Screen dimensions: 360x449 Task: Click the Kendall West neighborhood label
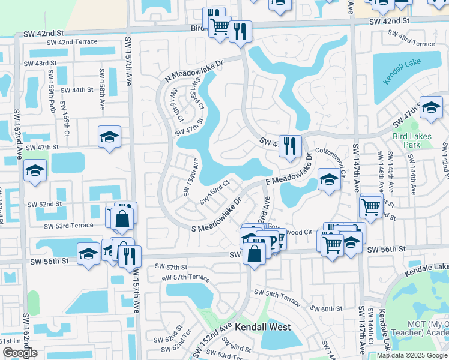click(262, 327)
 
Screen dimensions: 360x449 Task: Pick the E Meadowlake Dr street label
click(288, 172)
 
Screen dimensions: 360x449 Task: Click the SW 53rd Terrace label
click(68, 226)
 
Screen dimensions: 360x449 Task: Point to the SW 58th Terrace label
click(277, 295)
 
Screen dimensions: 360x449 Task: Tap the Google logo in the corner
click(20, 353)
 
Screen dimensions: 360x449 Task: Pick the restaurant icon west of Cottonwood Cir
click(290, 146)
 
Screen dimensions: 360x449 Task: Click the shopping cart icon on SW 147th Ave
click(371, 207)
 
